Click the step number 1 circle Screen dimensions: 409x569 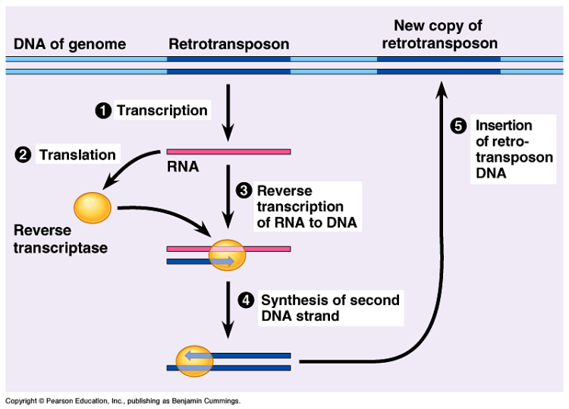[103, 112]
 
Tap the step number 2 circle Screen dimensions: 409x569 [24, 156]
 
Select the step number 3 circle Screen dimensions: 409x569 [244, 191]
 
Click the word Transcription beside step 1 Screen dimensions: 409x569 [162, 111]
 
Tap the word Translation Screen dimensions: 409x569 [77, 155]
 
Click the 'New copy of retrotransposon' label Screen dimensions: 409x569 [439, 35]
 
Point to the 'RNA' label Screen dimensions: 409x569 [183, 167]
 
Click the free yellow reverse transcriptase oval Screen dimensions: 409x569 [93, 206]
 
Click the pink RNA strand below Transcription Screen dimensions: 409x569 [228, 151]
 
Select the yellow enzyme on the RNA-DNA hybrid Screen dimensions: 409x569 [228, 254]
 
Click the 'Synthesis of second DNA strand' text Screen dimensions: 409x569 [330, 308]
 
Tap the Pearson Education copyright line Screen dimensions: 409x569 [123, 400]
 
